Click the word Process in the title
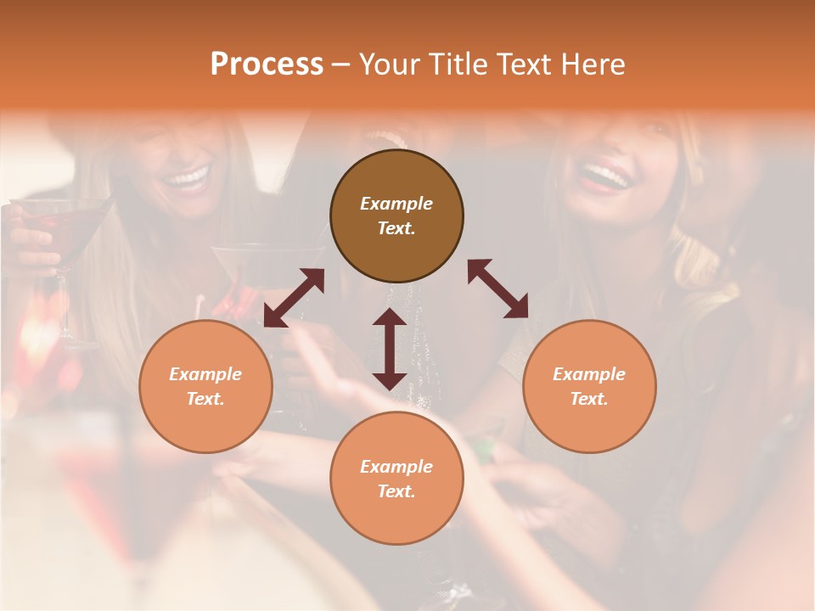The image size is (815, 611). coord(267,64)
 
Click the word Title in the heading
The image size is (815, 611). coord(454,64)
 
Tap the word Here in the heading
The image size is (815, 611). coord(591,64)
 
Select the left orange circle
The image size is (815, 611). coord(205,386)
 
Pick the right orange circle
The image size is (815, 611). coord(589,386)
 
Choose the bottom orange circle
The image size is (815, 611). coord(396,479)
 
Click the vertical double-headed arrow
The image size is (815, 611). coord(390,349)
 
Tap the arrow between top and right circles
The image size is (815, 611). coord(497,289)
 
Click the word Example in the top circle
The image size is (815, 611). coord(396,204)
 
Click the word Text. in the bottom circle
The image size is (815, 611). coord(396,491)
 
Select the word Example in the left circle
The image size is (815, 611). coord(205,374)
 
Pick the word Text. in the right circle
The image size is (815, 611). coord(589,399)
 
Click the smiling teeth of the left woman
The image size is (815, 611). coord(186,178)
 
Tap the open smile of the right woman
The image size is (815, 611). coord(604,177)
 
